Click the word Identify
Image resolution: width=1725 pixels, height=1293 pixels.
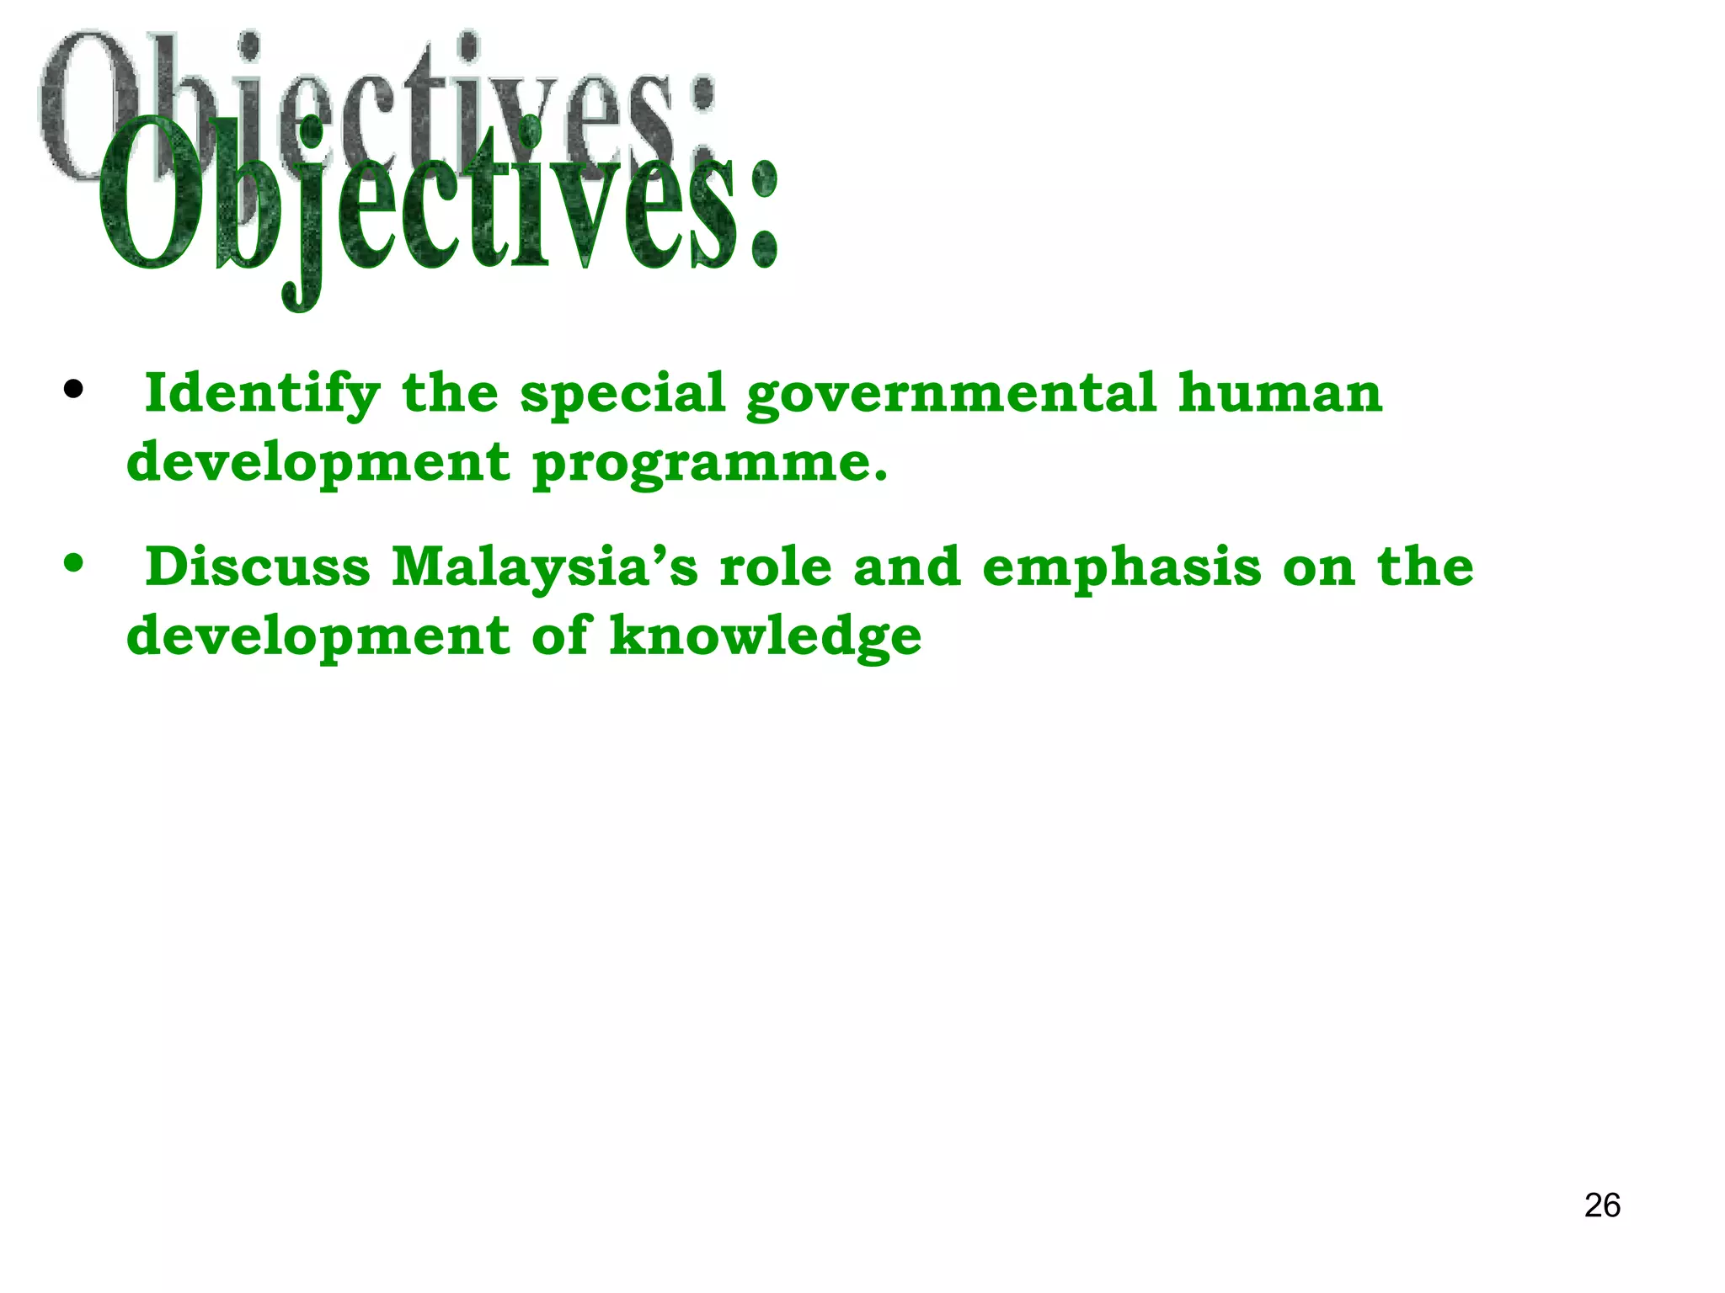pyautogui.click(x=262, y=393)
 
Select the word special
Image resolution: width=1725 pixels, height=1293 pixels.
pyautogui.click(x=622, y=393)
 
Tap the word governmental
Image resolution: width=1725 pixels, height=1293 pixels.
pyautogui.click(x=951, y=393)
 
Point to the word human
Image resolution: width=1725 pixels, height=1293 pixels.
pyautogui.click(x=1279, y=393)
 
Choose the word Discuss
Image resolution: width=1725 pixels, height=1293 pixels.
pyautogui.click(x=258, y=567)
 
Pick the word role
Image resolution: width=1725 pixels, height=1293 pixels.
pyautogui.click(x=776, y=567)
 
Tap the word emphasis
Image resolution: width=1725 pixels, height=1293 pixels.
pyautogui.click(x=1122, y=568)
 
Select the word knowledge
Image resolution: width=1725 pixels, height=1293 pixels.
pyautogui.click(x=766, y=636)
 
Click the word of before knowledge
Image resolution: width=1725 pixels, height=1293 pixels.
pyautogui.click(x=560, y=636)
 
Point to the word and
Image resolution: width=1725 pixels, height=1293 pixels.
pyautogui.click(x=907, y=567)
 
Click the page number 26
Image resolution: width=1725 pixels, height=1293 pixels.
pyautogui.click(x=1602, y=1205)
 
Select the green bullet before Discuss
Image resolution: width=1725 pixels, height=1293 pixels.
pyautogui.click(x=74, y=562)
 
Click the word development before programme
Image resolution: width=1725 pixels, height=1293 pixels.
pyautogui.click(x=318, y=463)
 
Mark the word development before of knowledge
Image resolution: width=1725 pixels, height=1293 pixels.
pyautogui.click(x=318, y=636)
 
